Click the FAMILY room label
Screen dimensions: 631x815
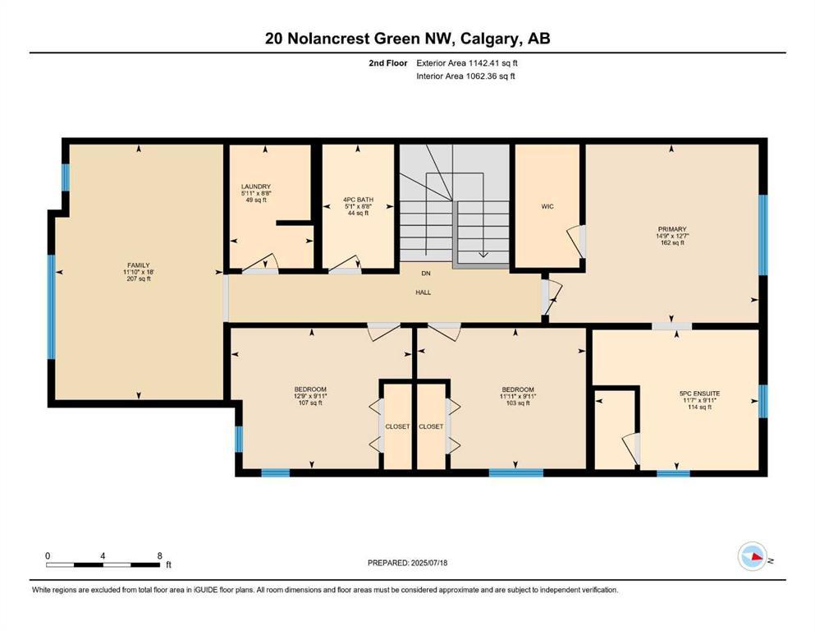(x=137, y=265)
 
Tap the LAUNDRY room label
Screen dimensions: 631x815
(x=256, y=187)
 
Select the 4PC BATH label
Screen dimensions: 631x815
(x=358, y=199)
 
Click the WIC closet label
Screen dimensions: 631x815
(x=547, y=206)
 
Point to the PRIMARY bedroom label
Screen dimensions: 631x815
(x=671, y=229)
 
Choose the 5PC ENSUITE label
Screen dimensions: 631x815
(x=699, y=394)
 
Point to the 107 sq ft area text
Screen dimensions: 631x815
(x=310, y=403)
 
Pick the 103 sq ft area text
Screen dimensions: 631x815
(x=518, y=403)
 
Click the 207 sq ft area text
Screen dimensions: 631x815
(x=137, y=279)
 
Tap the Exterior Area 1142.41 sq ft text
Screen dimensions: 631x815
(x=467, y=62)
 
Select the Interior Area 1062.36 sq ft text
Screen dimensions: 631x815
(x=465, y=76)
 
